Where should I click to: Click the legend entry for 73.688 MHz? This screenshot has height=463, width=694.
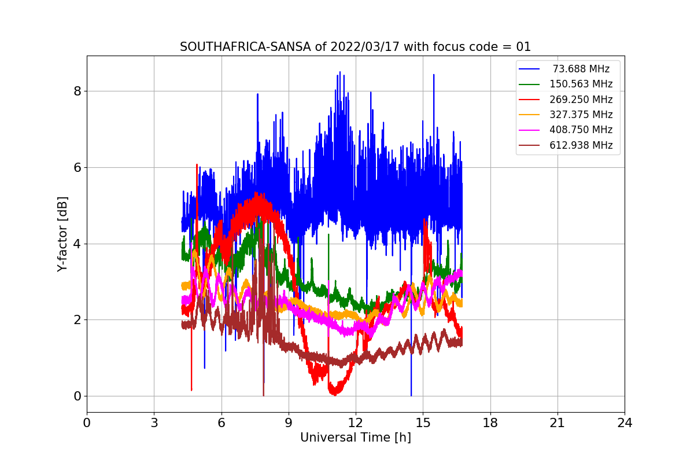point(581,69)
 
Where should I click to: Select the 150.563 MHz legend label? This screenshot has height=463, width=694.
point(581,84)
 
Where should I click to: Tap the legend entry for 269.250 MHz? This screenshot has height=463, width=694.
point(581,100)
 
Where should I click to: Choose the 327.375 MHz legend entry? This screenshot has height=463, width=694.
point(581,115)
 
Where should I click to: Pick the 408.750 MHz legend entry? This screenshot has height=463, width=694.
point(581,130)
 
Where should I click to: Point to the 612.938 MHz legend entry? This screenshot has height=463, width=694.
point(581,145)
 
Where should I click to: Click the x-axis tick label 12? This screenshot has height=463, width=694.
point(356,423)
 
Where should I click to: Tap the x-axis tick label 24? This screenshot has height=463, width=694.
point(625,423)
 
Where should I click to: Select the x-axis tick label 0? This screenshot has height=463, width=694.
point(87,423)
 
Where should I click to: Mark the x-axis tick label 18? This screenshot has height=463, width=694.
point(490,423)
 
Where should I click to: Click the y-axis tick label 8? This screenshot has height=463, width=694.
point(77,91)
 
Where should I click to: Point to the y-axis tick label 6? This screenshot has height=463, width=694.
point(77,167)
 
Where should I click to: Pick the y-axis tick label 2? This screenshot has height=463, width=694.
point(77,319)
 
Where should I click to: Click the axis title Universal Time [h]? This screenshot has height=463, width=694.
point(355,438)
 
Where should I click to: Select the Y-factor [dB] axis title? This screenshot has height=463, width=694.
point(62,234)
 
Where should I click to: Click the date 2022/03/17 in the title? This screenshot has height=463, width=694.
point(362,47)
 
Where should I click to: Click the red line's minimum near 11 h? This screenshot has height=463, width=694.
point(334,394)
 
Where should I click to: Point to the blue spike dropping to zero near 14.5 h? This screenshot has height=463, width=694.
point(411,395)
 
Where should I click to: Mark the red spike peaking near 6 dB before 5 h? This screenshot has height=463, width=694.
point(197,165)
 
